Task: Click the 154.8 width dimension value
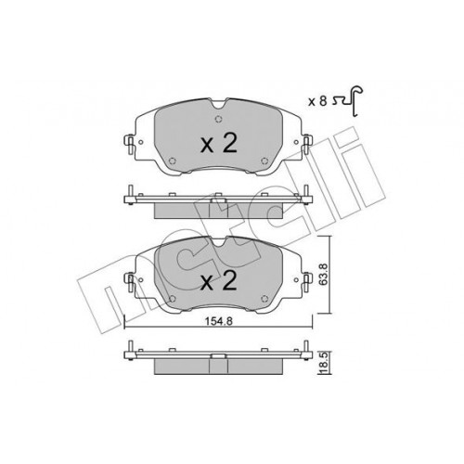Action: click(219, 321)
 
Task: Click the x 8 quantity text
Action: click(317, 101)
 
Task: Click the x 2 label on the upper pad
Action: click(219, 144)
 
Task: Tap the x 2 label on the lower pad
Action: click(219, 281)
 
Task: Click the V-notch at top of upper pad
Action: click(219, 104)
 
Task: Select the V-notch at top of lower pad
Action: click(219, 241)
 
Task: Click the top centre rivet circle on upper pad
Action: click(218, 119)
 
